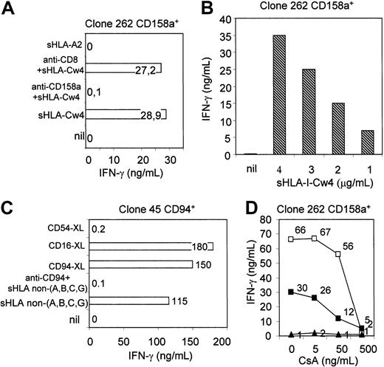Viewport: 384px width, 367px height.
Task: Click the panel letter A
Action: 8,8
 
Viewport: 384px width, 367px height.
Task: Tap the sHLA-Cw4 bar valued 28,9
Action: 114,114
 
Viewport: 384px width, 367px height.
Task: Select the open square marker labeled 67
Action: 314,239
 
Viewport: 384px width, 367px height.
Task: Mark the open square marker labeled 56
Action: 337,253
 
